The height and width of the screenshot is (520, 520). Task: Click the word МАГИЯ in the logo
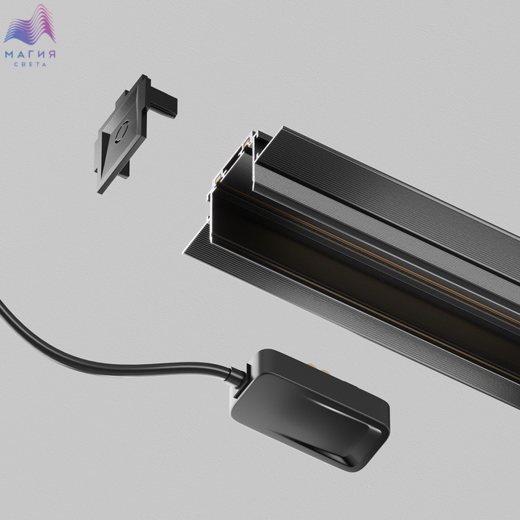tap(30, 54)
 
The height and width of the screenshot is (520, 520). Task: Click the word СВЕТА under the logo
tap(30, 65)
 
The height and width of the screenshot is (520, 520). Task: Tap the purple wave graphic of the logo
tap(30, 25)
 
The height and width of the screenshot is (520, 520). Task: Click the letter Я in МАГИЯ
tap(52, 54)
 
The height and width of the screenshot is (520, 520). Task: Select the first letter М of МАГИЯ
tap(9, 54)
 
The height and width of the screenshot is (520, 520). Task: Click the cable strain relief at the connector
tap(237, 377)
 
